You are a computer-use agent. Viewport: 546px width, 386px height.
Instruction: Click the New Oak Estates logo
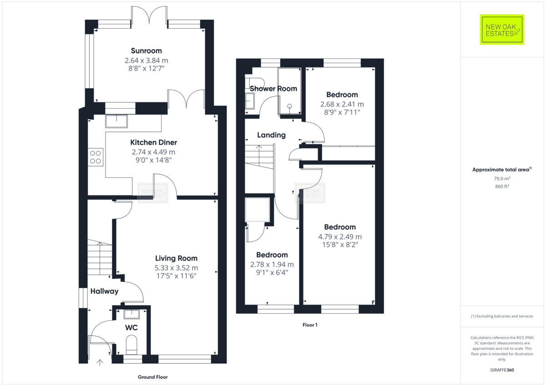pyautogui.click(x=502, y=30)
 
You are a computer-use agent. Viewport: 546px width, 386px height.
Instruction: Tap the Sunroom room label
pyautogui.click(x=146, y=50)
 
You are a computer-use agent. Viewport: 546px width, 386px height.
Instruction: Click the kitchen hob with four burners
pyautogui.click(x=96, y=157)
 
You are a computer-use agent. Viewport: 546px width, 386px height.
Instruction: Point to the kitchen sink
pyautogui.click(x=116, y=121)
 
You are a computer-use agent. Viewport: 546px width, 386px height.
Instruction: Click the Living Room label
pyautogui.click(x=177, y=258)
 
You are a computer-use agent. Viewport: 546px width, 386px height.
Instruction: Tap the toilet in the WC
pyautogui.click(x=131, y=345)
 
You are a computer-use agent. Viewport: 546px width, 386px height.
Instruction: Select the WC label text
pyautogui.click(x=131, y=327)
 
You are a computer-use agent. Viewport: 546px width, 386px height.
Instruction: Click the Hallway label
pyautogui.click(x=104, y=291)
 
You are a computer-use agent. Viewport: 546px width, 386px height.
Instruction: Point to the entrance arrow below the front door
pyautogui.click(x=100, y=362)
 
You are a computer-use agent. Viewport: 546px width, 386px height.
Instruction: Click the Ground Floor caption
pyautogui.click(x=153, y=377)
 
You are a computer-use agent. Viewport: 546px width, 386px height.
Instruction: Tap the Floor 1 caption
pyautogui.click(x=309, y=325)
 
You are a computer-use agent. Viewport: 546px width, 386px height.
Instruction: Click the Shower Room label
pyautogui.click(x=273, y=89)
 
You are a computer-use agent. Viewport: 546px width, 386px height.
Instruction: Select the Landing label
pyautogui.click(x=271, y=135)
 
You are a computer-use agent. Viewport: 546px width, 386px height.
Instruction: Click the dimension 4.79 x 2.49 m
pyautogui.click(x=340, y=236)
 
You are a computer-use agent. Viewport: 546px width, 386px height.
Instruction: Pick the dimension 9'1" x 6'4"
pyautogui.click(x=272, y=273)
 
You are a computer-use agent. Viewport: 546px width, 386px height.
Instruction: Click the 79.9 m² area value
pyautogui.click(x=502, y=179)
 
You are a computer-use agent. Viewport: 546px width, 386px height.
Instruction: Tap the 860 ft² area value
pyautogui.click(x=502, y=186)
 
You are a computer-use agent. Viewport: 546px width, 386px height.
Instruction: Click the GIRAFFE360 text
pyautogui.click(x=502, y=370)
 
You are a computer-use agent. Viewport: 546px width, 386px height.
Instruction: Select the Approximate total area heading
pyautogui.click(x=502, y=170)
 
